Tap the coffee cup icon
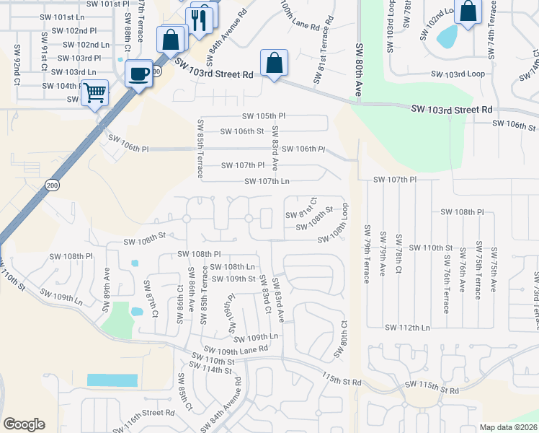click(138, 73)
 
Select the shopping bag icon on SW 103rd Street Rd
click(274, 63)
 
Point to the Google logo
click(24, 424)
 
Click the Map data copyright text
click(508, 427)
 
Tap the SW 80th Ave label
click(358, 70)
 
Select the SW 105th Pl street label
click(264, 116)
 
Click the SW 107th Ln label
click(267, 181)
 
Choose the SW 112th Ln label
click(407, 327)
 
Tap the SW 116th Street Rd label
click(145, 415)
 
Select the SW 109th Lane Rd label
click(230, 350)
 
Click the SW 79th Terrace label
click(367, 254)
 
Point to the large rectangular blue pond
click(112, 380)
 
